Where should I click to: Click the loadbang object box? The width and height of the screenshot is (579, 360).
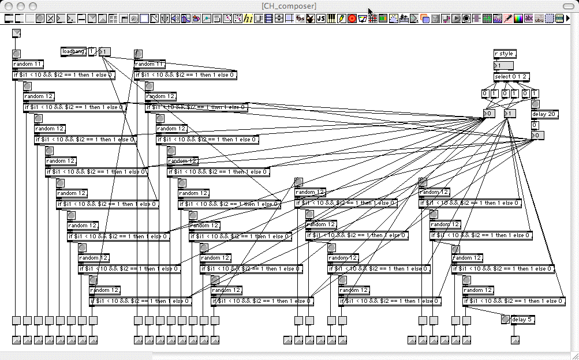73,52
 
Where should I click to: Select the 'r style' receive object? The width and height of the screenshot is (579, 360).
504,54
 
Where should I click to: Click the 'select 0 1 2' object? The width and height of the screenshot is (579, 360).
511,77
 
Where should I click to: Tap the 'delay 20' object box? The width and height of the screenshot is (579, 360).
544,114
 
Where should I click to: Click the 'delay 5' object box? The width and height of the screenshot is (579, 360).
522,320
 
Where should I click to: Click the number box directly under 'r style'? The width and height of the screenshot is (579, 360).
503,66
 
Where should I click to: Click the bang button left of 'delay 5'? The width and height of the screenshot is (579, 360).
506,320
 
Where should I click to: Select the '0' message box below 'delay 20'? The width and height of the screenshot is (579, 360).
535,125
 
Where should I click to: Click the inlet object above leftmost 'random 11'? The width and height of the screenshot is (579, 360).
16,33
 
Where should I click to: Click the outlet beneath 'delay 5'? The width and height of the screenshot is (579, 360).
515,340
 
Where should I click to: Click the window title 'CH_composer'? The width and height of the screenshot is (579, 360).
289,6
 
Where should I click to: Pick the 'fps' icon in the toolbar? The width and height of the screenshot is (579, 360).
300,18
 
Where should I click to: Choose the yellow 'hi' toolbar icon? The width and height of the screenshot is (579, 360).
248,18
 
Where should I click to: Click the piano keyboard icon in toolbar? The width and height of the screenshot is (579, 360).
331,18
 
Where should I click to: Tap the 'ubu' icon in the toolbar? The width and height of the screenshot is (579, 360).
539,18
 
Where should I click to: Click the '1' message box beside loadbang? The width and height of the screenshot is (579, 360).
92,52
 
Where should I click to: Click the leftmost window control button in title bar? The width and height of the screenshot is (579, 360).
8,6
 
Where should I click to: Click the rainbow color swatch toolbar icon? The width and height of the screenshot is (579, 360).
518,18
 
